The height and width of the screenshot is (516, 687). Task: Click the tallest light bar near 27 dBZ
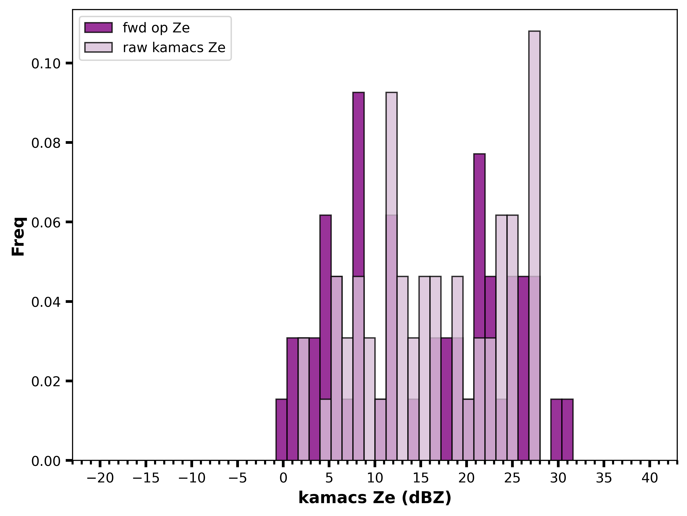[534, 246]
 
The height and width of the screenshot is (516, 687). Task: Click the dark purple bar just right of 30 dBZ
[567, 430]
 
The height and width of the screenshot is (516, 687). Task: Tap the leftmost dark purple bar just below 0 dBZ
[281, 430]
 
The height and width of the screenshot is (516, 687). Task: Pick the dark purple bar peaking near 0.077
[479, 307]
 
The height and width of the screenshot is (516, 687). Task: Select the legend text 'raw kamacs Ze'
[174, 48]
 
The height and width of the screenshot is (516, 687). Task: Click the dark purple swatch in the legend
[99, 28]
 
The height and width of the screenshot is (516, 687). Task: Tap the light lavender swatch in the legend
[99, 47]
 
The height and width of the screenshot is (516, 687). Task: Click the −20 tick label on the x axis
[100, 478]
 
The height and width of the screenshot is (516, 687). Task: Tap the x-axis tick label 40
[650, 478]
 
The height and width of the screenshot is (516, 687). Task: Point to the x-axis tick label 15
[421, 478]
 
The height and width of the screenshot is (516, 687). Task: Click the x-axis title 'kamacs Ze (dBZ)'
[375, 498]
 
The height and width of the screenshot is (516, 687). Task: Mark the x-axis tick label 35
[604, 478]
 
